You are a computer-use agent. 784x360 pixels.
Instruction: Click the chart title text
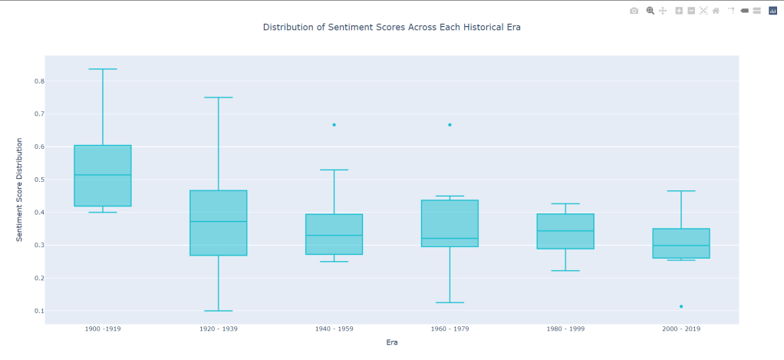point(391,27)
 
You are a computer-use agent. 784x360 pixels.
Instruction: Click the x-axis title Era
point(391,342)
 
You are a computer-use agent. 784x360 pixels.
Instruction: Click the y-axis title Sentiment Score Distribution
point(20,190)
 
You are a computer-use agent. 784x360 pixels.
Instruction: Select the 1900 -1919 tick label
point(103,329)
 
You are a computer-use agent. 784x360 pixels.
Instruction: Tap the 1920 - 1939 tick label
point(219,329)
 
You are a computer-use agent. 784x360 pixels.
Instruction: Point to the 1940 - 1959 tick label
point(334,329)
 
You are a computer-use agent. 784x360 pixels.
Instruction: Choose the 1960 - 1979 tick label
point(450,329)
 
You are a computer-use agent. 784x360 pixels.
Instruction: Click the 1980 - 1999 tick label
point(565,329)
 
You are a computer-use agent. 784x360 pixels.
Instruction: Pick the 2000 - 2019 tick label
point(681,329)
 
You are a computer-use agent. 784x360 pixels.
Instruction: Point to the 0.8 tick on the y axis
point(39,81)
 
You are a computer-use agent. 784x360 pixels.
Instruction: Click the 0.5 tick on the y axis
point(39,180)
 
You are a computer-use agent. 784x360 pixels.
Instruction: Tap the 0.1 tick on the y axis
point(39,311)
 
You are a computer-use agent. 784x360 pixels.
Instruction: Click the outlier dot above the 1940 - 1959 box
point(334,124)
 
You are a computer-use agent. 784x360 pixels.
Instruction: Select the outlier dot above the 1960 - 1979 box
point(450,124)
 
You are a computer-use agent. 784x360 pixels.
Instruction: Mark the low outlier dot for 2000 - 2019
point(681,306)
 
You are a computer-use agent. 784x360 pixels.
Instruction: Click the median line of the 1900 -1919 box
point(103,175)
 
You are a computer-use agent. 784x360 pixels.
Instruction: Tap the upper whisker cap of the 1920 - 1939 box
point(219,97)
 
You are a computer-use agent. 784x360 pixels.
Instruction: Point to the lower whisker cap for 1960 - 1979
point(450,302)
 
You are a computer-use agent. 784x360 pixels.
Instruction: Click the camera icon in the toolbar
point(634,11)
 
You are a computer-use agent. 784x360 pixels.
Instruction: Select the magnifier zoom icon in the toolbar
point(650,11)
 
